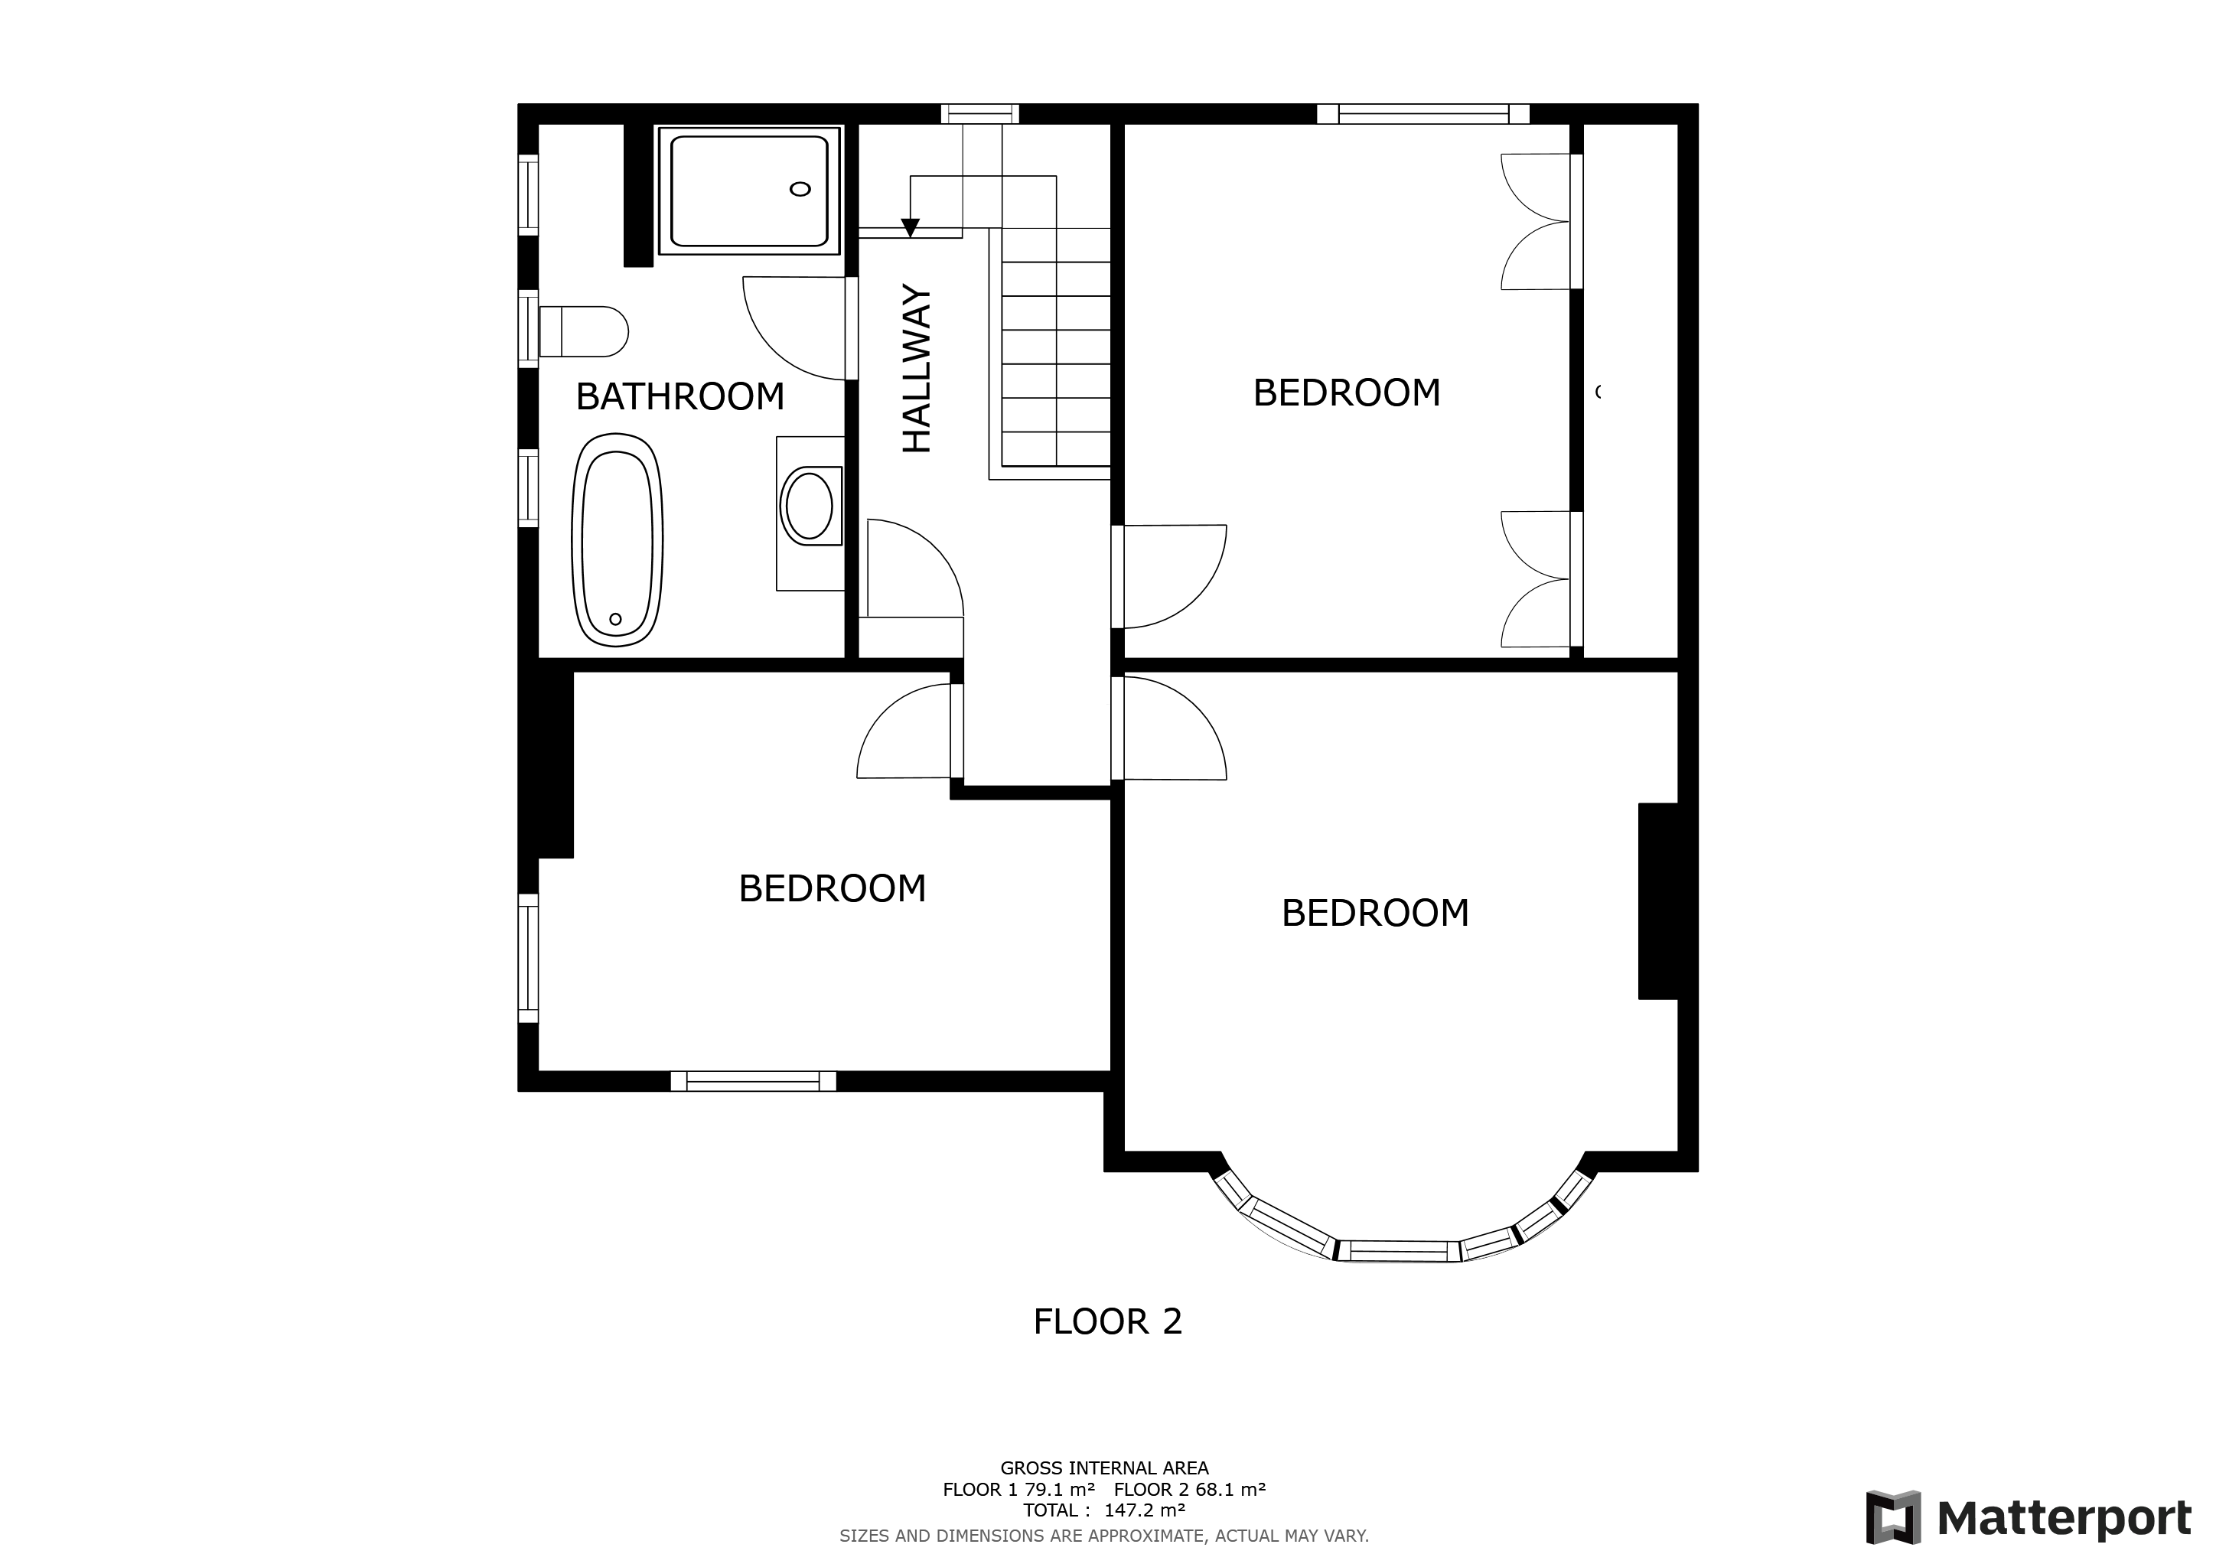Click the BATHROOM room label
(679, 396)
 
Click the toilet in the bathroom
(583, 332)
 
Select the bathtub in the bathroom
(618, 539)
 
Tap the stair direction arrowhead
(909, 228)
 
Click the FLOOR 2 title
(1107, 1322)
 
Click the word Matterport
(2064, 1519)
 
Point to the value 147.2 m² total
(1145, 1510)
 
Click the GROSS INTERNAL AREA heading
(1104, 1468)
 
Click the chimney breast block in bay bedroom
(1658, 901)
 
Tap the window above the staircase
(979, 114)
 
